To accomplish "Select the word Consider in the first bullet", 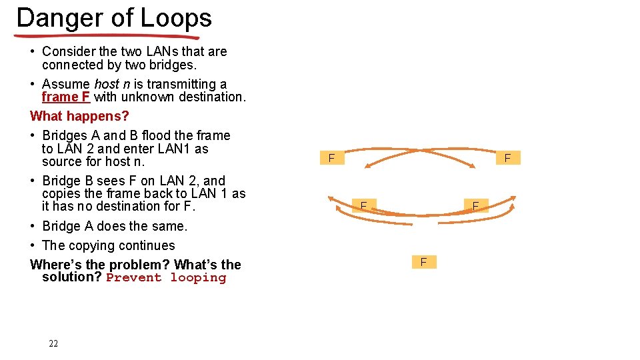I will pos(69,51).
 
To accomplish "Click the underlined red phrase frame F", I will pos(65,97).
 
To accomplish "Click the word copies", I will pos(61,193).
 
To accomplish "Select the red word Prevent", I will pos(133,278).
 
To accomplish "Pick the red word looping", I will pos(198,278).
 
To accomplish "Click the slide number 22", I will pos(53,343).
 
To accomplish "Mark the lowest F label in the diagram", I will pos(423,262).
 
